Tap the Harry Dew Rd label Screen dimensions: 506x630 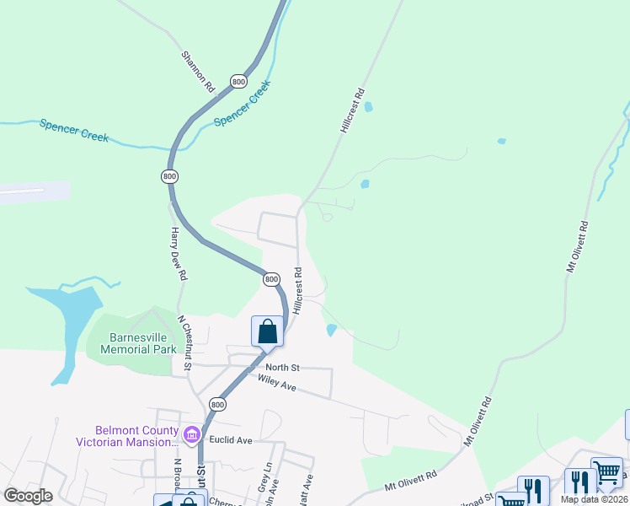(x=178, y=253)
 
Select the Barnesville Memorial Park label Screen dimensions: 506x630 (x=138, y=342)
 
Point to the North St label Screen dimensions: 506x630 (x=282, y=368)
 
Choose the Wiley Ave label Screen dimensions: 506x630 (x=277, y=385)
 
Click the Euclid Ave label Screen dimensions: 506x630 (x=233, y=440)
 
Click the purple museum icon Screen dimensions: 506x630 (x=192, y=435)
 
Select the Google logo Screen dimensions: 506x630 (x=28, y=497)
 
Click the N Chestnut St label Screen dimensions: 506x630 (x=185, y=342)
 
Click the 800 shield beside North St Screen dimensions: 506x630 (x=218, y=405)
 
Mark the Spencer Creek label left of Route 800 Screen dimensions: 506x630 (x=74, y=130)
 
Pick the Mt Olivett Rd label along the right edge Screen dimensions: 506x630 (x=577, y=246)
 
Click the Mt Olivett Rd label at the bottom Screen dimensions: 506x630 (x=412, y=482)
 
